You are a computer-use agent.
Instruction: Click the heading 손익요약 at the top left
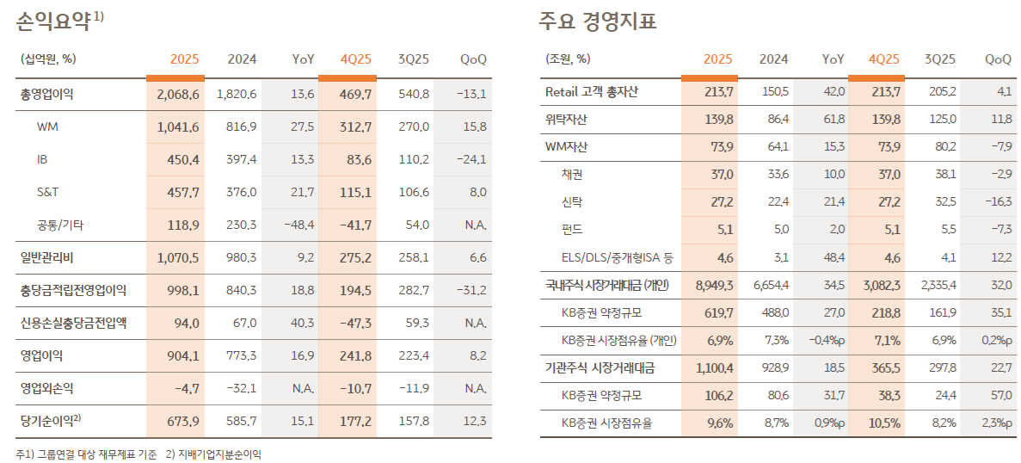53,22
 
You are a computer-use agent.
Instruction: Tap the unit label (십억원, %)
47,59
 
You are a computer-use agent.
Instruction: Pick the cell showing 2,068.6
178,94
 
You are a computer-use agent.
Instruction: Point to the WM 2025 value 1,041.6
178,127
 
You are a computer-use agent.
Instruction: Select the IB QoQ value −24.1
471,159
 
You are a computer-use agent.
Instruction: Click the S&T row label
48,192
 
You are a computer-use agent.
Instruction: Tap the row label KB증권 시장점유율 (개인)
619,340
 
